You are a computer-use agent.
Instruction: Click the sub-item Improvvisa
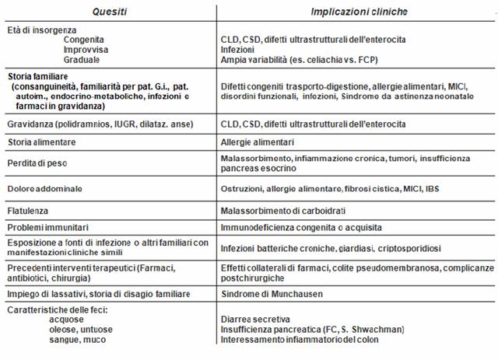pyautogui.click(x=85, y=48)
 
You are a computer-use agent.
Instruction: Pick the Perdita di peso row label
pyautogui.click(x=39, y=161)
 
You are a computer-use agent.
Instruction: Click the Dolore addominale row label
pyautogui.click(x=44, y=189)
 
